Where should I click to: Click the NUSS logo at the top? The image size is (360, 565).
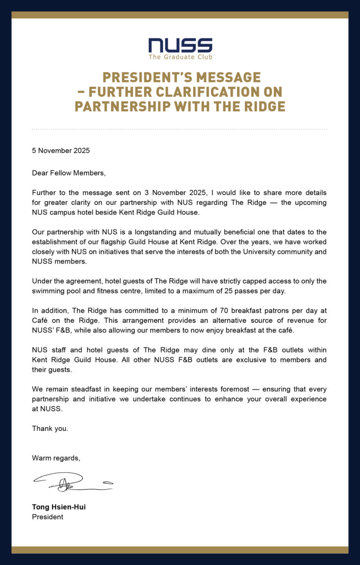coord(180,45)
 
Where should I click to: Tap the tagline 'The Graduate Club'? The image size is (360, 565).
coord(180,57)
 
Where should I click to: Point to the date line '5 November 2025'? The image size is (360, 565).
coord(60,151)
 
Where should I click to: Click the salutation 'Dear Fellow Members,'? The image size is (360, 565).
coord(69,173)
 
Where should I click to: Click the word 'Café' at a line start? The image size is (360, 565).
coord(40,320)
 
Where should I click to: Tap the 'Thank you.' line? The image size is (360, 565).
coord(50,428)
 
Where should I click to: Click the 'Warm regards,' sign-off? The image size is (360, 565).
coord(56,458)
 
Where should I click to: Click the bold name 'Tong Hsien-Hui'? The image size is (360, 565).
coord(59,507)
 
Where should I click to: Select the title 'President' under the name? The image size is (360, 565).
coord(47,517)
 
